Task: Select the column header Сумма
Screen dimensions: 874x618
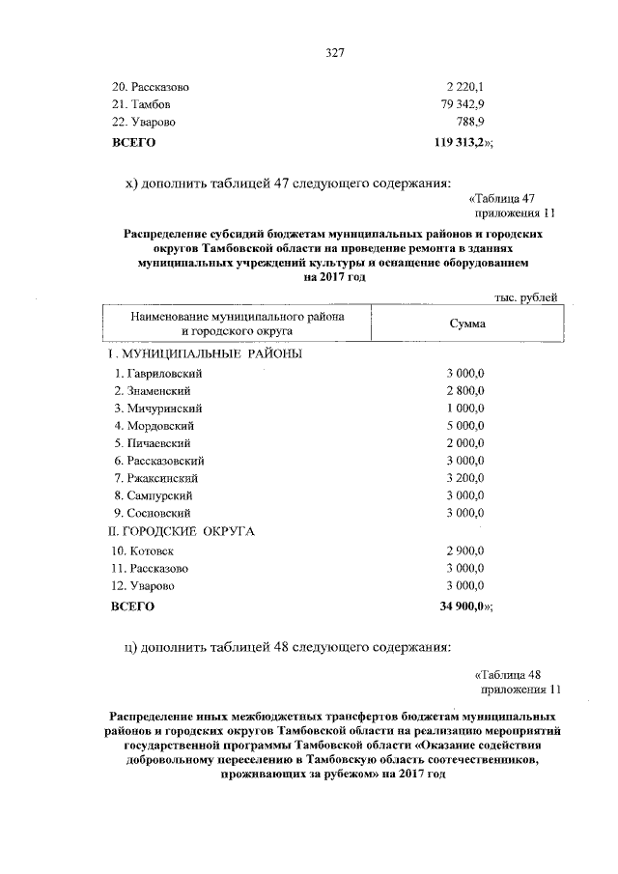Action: click(x=467, y=324)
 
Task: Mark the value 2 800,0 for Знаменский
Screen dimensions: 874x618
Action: click(x=464, y=391)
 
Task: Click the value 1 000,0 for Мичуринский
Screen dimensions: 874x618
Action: click(x=464, y=409)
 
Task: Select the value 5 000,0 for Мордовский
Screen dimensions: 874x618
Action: click(x=464, y=426)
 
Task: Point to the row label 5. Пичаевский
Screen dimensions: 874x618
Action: click(x=154, y=443)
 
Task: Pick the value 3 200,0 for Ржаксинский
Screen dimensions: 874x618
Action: click(x=464, y=478)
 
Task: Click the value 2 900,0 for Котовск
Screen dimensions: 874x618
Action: click(x=464, y=550)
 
